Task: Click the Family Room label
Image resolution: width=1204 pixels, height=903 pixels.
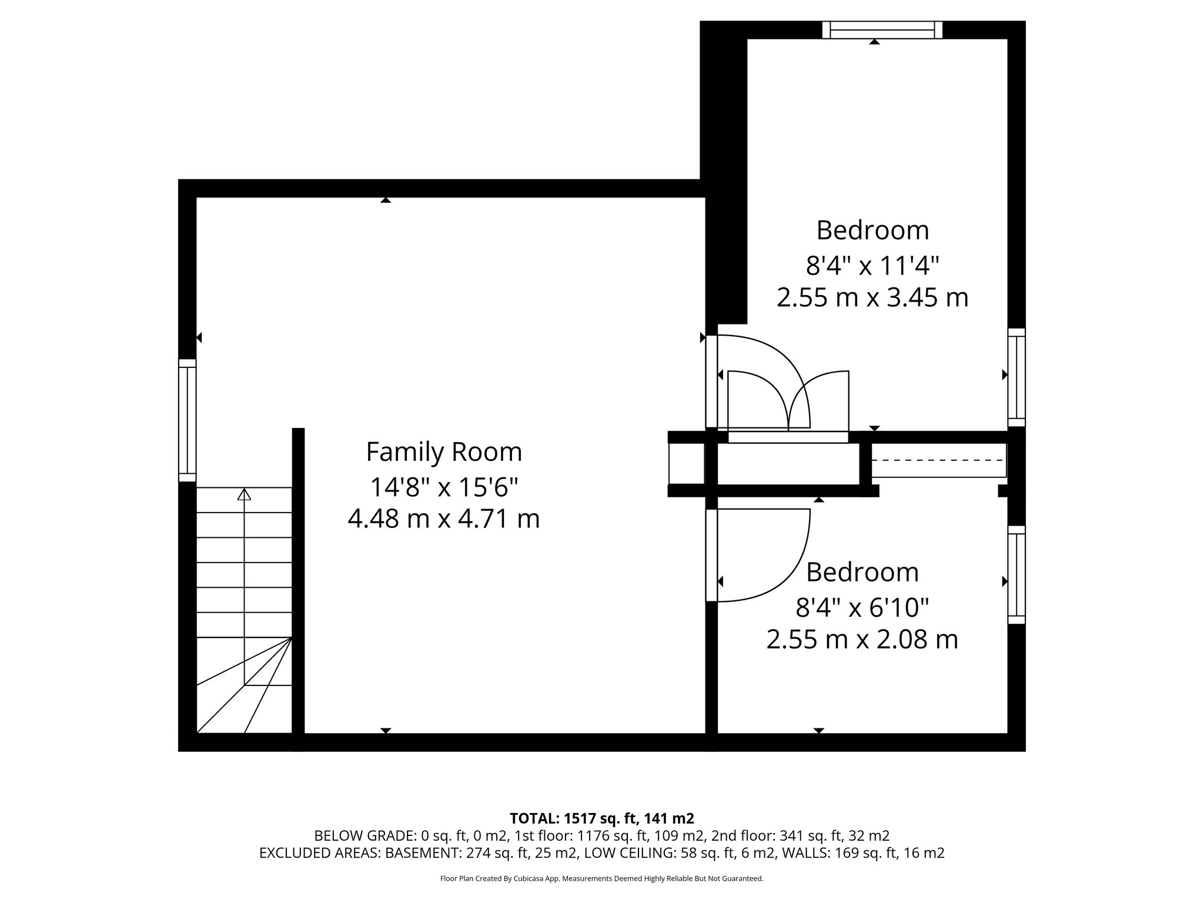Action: (444, 452)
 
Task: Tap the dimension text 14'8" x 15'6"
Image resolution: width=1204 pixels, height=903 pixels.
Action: (444, 487)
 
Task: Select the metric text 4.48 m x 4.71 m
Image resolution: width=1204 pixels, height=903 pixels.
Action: (444, 519)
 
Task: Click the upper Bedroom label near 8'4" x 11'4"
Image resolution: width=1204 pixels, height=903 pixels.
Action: (872, 230)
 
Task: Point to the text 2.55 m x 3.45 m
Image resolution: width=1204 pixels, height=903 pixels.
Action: (872, 297)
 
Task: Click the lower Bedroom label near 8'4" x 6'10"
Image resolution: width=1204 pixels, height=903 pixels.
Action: (862, 572)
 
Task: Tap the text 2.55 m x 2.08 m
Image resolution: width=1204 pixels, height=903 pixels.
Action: (862, 640)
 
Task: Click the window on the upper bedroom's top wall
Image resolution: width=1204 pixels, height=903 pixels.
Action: (882, 30)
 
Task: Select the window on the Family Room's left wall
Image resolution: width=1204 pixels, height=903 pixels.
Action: (187, 420)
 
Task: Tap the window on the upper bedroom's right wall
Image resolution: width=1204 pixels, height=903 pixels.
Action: (1016, 377)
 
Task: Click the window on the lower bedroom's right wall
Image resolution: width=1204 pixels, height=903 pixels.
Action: (1016, 574)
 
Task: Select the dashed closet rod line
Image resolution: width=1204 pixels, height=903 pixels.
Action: (938, 460)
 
